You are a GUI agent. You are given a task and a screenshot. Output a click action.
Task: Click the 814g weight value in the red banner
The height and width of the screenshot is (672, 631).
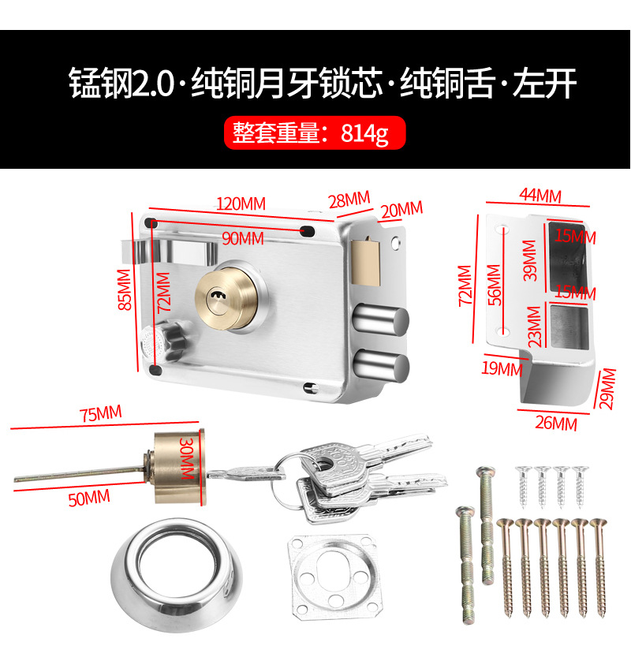pos(364,133)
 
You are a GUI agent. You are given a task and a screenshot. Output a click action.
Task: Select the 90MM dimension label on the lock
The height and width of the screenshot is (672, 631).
pos(242,237)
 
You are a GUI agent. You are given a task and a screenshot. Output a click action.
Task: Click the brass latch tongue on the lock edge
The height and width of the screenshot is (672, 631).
pos(368,259)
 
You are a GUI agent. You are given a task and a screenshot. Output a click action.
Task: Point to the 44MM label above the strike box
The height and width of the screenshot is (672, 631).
pos(540,194)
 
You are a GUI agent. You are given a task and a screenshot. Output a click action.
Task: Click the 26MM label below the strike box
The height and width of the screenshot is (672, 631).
pos(557,424)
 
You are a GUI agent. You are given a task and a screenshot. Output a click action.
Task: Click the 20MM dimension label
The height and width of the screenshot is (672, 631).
pos(401,210)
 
